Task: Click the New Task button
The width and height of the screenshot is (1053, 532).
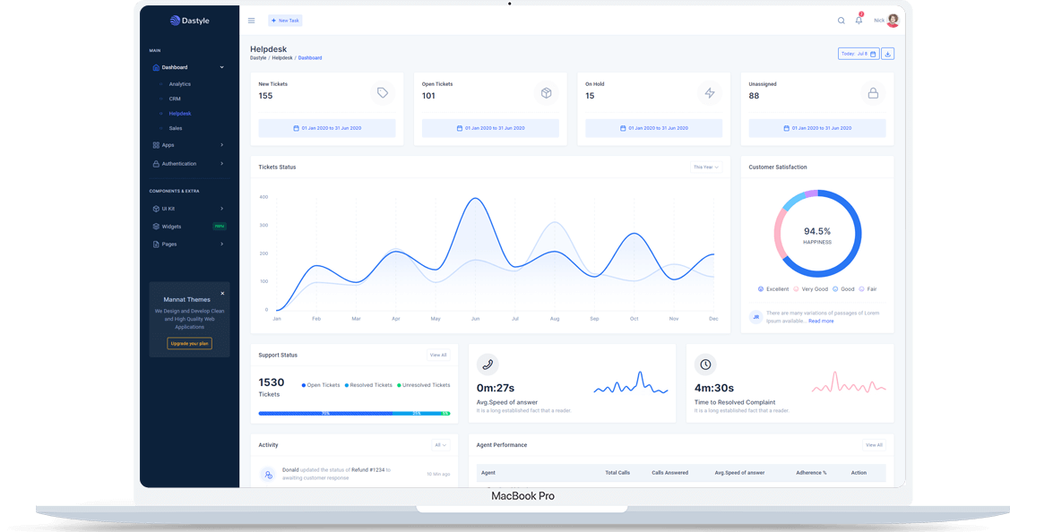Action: tap(285, 20)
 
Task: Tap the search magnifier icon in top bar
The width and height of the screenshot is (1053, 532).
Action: tap(841, 21)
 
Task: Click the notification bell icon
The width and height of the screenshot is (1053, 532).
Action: tap(859, 20)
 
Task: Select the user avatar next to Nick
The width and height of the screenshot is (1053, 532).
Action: tap(893, 21)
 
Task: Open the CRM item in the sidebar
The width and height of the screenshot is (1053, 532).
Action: tap(175, 99)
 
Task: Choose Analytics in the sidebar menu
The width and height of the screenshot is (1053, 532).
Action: tap(179, 84)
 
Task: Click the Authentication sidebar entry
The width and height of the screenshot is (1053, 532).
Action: tap(179, 164)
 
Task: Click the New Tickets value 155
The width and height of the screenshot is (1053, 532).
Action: tap(265, 96)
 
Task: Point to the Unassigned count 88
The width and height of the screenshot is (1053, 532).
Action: tap(754, 96)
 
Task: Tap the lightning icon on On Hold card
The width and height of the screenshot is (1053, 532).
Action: tap(709, 93)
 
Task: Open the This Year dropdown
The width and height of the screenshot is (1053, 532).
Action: tap(706, 167)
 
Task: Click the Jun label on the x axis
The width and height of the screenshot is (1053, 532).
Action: tap(475, 319)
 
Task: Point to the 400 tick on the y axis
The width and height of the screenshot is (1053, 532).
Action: tap(263, 197)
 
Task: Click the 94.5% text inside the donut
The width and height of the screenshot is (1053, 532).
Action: tap(817, 231)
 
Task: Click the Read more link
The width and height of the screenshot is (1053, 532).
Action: tap(821, 321)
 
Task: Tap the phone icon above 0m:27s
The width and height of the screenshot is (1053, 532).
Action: tap(488, 365)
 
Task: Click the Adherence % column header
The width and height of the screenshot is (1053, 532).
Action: tap(811, 472)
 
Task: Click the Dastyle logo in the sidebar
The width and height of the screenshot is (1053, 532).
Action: tap(190, 21)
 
